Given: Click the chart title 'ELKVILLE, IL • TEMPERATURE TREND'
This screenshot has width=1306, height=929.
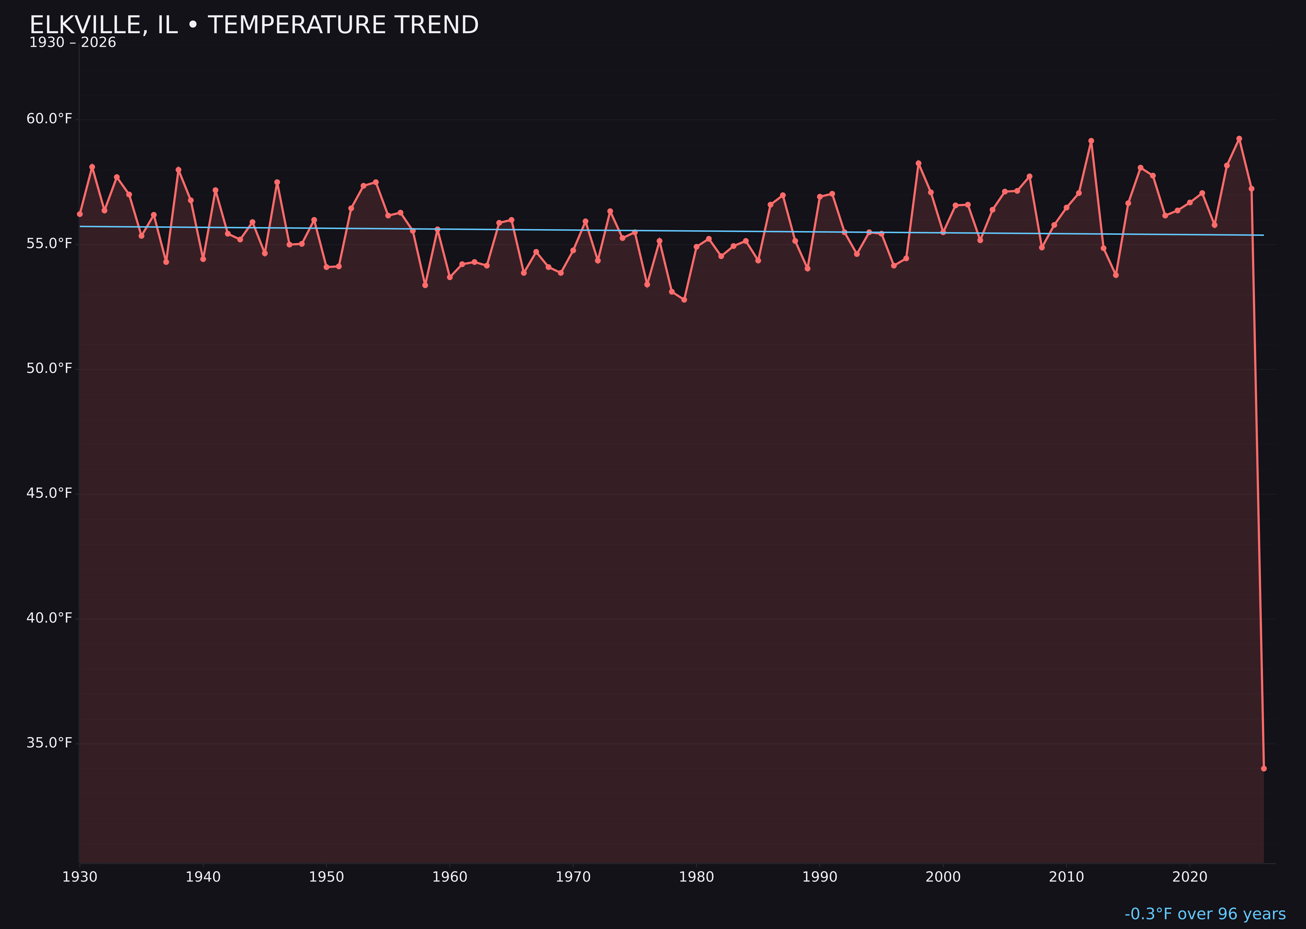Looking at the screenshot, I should point(254,25).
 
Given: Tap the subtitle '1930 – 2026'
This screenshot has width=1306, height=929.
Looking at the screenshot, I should point(72,43).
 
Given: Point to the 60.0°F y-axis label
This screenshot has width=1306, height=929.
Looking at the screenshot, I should point(49,119).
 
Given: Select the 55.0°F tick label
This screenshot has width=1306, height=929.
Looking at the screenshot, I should point(49,244).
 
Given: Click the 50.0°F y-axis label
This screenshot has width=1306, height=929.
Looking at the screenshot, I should point(49,368).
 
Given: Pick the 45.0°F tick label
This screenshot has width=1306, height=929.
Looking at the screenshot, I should point(49,493).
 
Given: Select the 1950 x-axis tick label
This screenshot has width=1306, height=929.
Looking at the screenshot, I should point(326,877).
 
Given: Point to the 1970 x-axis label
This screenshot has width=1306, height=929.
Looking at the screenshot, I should point(573,877).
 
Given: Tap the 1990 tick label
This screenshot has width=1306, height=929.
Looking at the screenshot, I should point(820,877).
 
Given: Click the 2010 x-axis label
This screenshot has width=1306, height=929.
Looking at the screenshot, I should point(1066,877).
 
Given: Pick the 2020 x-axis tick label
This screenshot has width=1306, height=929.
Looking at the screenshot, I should point(1189,877).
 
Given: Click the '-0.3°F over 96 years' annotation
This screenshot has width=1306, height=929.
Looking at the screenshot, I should point(1205,914).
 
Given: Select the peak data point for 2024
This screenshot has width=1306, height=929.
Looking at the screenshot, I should point(1239,139).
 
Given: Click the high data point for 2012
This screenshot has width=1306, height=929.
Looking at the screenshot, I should point(1091,141).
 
